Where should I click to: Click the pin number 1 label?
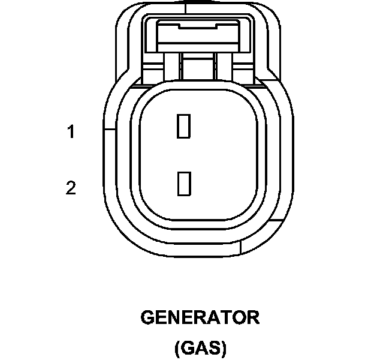pyautogui.click(x=71, y=131)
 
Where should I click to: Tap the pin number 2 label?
pyautogui.click(x=71, y=188)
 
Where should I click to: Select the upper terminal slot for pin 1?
pyautogui.click(x=183, y=125)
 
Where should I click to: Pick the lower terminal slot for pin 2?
pyautogui.click(x=183, y=183)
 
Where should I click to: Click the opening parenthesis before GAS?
pyautogui.click(x=177, y=348)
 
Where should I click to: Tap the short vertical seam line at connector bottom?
pyautogui.click(x=239, y=247)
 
